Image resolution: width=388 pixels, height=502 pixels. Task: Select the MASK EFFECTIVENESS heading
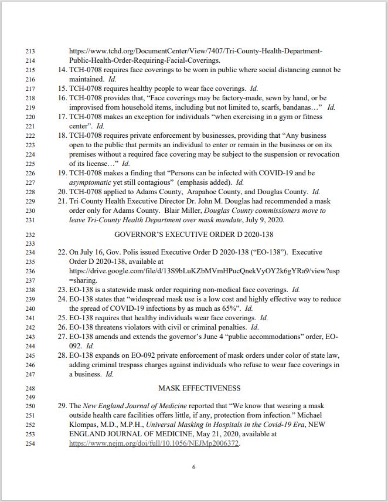tap(199, 388)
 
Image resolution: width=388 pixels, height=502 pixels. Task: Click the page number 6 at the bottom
tap(193, 467)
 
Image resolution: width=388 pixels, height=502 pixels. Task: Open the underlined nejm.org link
tap(154, 443)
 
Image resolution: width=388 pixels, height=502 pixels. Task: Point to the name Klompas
tap(85, 425)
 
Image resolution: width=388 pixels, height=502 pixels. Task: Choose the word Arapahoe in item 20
tap(216, 192)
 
